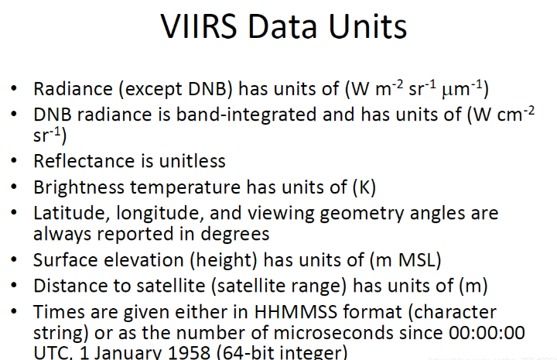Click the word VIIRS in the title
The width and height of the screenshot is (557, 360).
point(200,27)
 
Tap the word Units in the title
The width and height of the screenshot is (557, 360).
point(364,27)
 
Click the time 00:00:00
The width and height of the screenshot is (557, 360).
point(483,333)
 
